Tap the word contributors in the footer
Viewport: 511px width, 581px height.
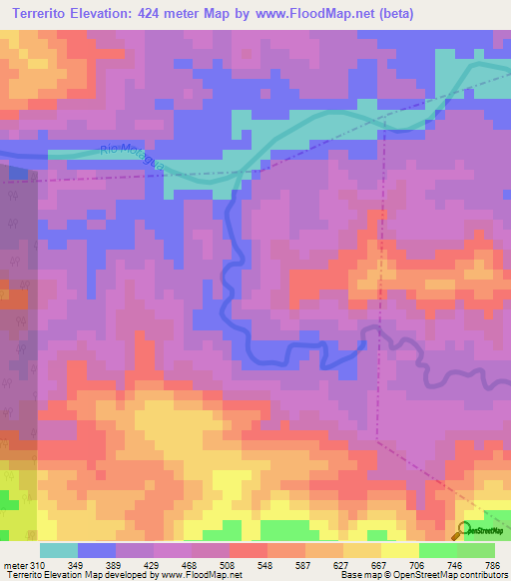click(482, 575)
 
